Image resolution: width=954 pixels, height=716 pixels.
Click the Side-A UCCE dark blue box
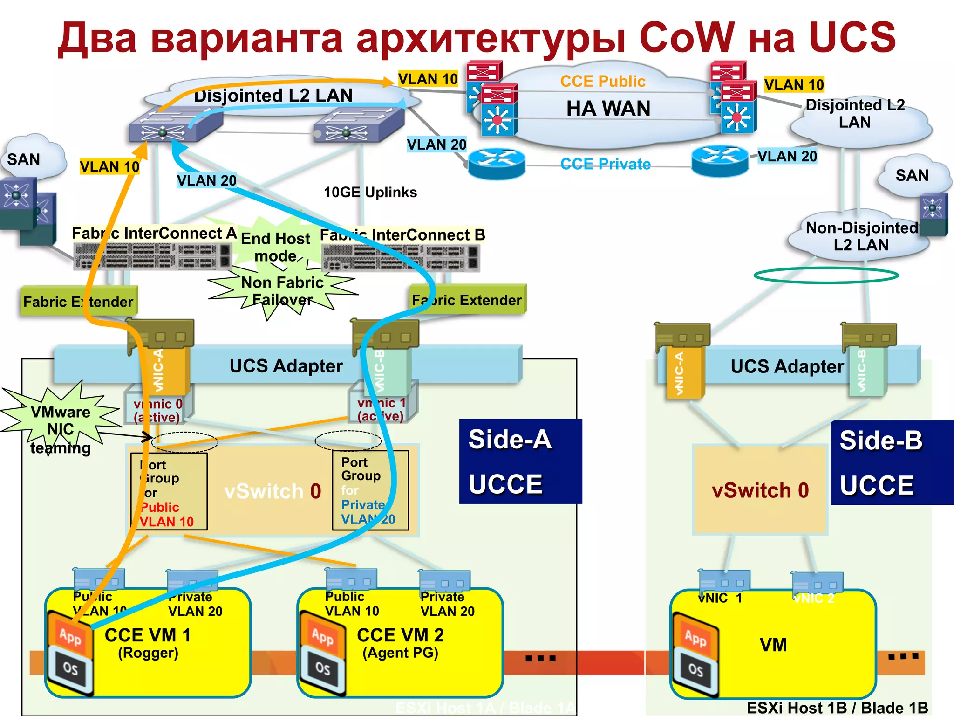pyautogui.click(x=520, y=461)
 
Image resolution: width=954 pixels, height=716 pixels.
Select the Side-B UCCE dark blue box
pyautogui.click(x=892, y=462)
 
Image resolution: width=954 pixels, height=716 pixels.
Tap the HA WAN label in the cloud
pyautogui.click(x=608, y=109)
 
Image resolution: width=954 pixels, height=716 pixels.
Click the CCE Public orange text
pyautogui.click(x=602, y=82)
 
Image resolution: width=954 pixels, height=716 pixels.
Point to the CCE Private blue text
pyautogui.click(x=605, y=164)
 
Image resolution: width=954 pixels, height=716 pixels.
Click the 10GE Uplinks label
pyautogui.click(x=370, y=192)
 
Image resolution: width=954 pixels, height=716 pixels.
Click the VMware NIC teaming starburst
pyautogui.click(x=61, y=422)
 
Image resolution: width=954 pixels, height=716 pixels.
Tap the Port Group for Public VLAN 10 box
pyautogui.click(x=169, y=492)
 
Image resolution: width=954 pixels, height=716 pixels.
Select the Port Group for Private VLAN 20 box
pyautogui.click(x=370, y=490)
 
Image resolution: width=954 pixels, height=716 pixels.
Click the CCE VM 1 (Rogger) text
pyautogui.click(x=148, y=643)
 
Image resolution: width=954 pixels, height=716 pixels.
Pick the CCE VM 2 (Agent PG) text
pyautogui.click(x=400, y=643)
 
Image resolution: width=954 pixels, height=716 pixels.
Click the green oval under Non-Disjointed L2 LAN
pyautogui.click(x=825, y=275)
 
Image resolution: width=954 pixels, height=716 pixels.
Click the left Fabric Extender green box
pyautogui.click(x=78, y=302)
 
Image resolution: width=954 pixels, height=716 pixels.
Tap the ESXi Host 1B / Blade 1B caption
pyautogui.click(x=837, y=708)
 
